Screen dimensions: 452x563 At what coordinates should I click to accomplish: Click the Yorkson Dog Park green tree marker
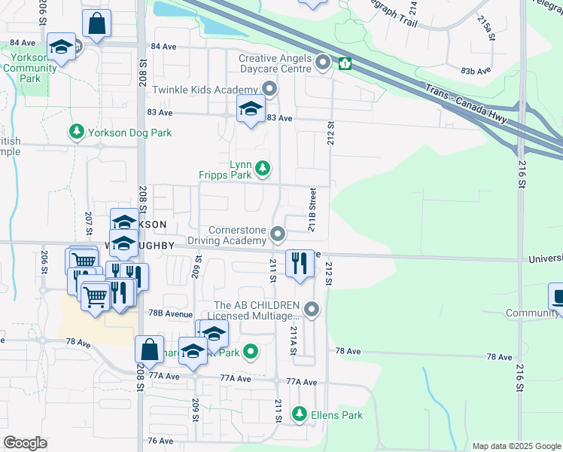(x=76, y=133)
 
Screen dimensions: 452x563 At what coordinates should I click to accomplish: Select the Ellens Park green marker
(x=300, y=414)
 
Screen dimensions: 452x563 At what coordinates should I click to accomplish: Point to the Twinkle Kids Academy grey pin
(x=270, y=90)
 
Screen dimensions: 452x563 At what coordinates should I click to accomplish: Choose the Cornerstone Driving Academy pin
(x=278, y=234)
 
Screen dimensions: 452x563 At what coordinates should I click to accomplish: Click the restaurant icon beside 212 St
(x=300, y=263)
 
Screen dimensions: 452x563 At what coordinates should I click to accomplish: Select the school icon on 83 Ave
(x=251, y=110)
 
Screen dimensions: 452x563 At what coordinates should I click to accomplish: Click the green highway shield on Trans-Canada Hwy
(x=345, y=64)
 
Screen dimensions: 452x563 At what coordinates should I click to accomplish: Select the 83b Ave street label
(x=475, y=70)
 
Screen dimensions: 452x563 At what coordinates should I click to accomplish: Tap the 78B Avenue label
(x=165, y=313)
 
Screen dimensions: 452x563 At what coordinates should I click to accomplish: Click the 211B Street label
(x=312, y=211)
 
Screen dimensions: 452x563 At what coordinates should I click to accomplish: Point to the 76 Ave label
(x=161, y=441)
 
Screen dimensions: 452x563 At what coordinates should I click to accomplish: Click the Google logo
(x=25, y=443)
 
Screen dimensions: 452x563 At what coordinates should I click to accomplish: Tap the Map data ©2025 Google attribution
(x=516, y=446)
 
